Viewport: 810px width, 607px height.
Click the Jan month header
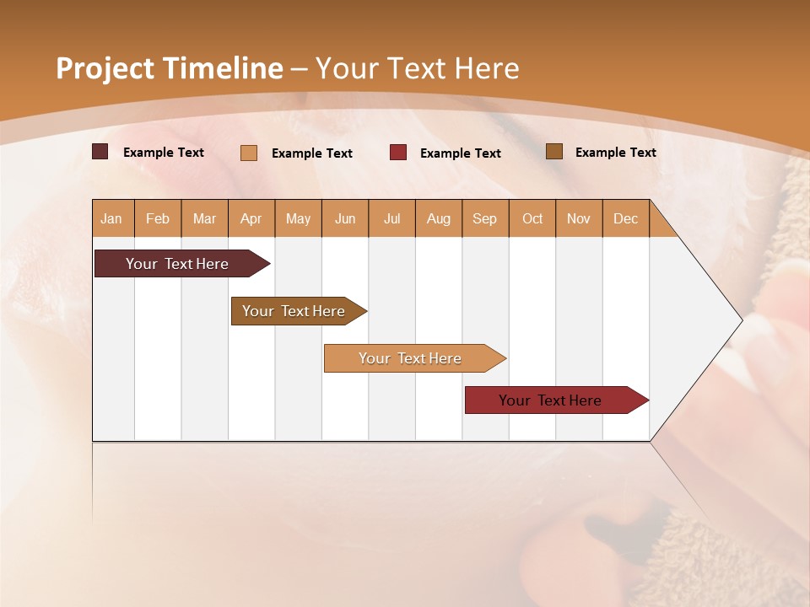pyautogui.click(x=111, y=218)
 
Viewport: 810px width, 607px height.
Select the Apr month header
pyautogui.click(x=251, y=218)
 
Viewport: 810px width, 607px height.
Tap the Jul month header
pyautogui.click(x=391, y=218)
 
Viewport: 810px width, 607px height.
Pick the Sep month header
pyautogui.click(x=484, y=218)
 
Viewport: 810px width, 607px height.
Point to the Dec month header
pyautogui.click(x=625, y=218)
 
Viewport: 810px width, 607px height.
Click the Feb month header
pyautogui.click(x=158, y=218)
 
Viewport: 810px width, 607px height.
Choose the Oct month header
pyautogui.click(x=532, y=218)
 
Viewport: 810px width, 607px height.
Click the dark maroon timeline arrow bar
pyautogui.click(x=177, y=264)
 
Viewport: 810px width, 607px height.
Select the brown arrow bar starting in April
pyautogui.click(x=294, y=311)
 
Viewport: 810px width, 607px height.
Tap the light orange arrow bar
pyautogui.click(x=410, y=358)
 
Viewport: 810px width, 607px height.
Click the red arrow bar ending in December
pyautogui.click(x=550, y=400)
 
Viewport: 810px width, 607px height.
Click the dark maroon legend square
pyautogui.click(x=100, y=152)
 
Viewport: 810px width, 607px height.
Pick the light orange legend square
pyautogui.click(x=249, y=153)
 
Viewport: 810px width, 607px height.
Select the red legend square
pyautogui.click(x=398, y=153)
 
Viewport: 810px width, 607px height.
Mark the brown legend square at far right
pyautogui.click(x=554, y=152)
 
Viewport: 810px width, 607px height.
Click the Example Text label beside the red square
pyautogui.click(x=461, y=153)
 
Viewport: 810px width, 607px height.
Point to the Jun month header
pyautogui.click(x=345, y=218)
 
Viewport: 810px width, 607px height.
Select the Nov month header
pyautogui.click(x=579, y=218)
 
